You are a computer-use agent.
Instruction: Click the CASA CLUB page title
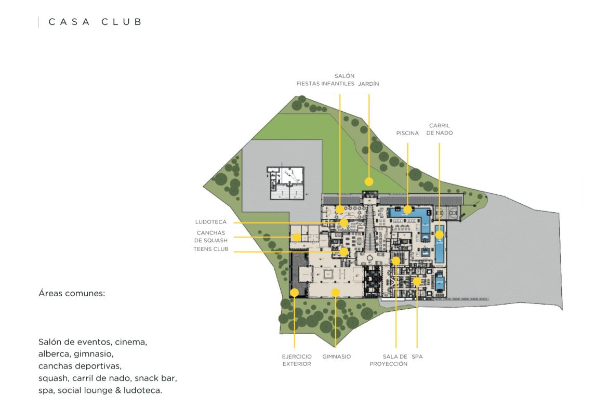tap(95, 22)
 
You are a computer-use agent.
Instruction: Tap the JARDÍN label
tap(368, 84)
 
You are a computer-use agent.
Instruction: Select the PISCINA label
tap(407, 133)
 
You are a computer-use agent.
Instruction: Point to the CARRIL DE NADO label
tap(439, 129)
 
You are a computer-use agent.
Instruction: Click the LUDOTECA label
tap(210, 222)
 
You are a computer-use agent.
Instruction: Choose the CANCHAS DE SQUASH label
tap(210, 236)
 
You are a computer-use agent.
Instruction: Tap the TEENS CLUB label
tap(211, 249)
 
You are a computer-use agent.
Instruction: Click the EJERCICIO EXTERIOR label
tap(297, 360)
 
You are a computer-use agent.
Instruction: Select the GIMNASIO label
tap(337, 357)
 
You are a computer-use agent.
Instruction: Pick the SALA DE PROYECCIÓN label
tap(389, 360)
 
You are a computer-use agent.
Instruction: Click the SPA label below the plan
tap(417, 357)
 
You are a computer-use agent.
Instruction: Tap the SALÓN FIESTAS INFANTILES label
tap(325, 80)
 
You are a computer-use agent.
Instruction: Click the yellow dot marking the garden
tap(369, 181)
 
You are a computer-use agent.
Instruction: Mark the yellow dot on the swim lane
tap(439, 234)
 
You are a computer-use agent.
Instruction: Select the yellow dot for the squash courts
tap(297, 237)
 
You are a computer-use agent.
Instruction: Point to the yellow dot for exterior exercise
tap(294, 293)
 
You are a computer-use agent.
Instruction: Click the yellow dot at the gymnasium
tap(336, 293)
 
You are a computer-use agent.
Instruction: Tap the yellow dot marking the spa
tap(417, 281)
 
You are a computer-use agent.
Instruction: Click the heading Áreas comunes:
tap(72, 293)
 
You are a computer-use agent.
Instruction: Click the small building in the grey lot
tap(285, 183)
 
